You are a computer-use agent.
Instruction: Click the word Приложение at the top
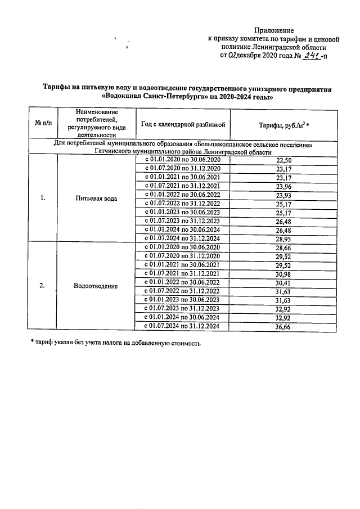point(274,30)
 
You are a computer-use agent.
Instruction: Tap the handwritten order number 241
point(310,56)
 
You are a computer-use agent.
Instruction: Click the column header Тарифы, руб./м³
point(284,124)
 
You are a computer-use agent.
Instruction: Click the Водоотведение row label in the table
point(96,286)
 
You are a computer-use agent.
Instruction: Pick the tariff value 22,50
point(284,160)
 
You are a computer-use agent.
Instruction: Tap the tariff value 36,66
point(284,327)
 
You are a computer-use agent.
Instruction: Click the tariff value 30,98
point(284,273)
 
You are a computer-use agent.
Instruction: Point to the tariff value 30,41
point(284,282)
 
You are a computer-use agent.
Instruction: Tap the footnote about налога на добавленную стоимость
point(115,343)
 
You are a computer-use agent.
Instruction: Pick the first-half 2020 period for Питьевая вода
point(183,160)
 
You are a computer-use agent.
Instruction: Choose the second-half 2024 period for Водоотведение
point(183,327)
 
